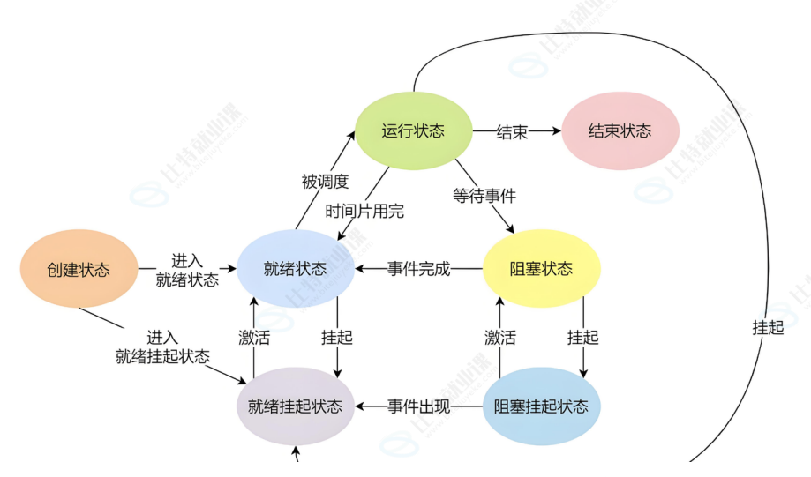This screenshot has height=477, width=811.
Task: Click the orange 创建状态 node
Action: coord(79,269)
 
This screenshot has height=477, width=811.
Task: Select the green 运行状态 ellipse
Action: coord(413,131)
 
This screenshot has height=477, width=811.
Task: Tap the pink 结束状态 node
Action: coord(620,131)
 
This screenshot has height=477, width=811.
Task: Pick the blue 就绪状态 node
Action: coord(295,269)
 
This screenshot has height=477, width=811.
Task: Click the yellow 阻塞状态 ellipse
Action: coord(541,269)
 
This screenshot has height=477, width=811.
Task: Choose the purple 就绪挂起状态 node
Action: coord(295,406)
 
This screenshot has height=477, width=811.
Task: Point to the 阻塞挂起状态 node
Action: coord(541,406)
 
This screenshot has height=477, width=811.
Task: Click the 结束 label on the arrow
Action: coord(512,131)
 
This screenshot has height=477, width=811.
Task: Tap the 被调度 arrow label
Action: coord(325,182)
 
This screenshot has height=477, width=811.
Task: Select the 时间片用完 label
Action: coord(364,211)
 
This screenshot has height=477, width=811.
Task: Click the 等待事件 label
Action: coord(484,196)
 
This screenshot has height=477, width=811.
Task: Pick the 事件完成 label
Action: coord(418,269)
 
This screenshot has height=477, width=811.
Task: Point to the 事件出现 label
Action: coord(418,406)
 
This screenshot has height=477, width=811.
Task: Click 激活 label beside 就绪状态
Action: coord(254,337)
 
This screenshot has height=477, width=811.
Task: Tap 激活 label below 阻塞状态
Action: coord(500,337)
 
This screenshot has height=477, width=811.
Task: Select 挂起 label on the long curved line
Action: coord(768,327)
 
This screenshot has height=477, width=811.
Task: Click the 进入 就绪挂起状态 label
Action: coord(162,347)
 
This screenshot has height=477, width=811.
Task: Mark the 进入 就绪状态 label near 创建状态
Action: coord(187,271)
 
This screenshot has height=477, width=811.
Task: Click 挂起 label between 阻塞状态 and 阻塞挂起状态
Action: coord(582,337)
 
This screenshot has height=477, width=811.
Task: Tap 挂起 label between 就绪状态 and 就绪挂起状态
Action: coord(336,337)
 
